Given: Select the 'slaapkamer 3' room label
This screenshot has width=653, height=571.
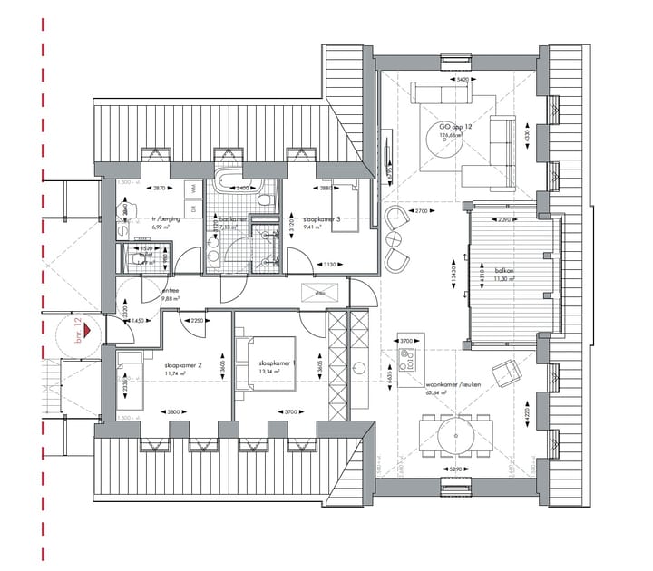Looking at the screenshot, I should click(322, 219).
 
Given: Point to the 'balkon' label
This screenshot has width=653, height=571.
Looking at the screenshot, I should click(504, 270).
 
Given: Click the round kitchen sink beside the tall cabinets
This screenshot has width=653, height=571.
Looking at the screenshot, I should click(360, 369).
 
